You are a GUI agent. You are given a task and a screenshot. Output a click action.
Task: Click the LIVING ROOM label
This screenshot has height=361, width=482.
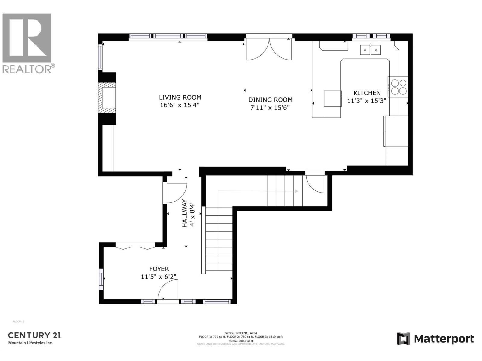(x=180, y=97)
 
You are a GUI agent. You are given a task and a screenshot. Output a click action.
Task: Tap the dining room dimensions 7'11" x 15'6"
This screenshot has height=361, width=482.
(x=270, y=108)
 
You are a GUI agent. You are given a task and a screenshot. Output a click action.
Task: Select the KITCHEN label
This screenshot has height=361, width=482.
(x=367, y=93)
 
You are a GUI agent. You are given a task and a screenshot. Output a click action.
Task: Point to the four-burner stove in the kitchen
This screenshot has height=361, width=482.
(x=398, y=87)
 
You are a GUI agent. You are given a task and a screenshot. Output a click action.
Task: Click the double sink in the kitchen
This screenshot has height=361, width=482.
(x=370, y=50)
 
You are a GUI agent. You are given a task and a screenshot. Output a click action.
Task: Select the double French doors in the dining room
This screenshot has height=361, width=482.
(x=269, y=49)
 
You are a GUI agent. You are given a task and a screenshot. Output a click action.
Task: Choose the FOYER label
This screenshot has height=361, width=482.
(x=159, y=269)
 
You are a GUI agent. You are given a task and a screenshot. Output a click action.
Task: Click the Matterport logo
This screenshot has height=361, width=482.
(x=435, y=339)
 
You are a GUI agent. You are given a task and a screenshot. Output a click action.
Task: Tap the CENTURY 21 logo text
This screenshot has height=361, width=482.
(x=35, y=335)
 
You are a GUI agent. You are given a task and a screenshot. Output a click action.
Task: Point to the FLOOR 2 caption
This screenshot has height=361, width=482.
(x=18, y=322)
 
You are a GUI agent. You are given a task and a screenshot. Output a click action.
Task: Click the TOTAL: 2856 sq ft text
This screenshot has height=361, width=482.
(x=241, y=341)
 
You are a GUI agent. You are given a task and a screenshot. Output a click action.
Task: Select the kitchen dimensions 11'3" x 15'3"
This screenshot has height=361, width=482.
(x=366, y=101)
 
